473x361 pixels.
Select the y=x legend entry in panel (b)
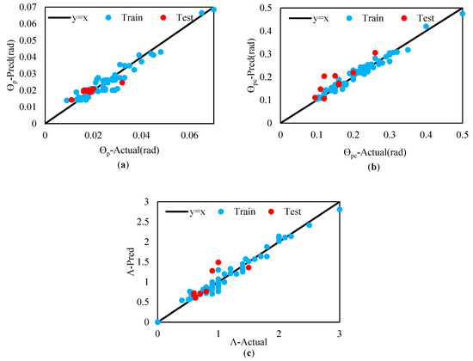pyautogui.click(x=309, y=16)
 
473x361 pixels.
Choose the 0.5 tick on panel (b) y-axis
pyautogui.click(x=270, y=9)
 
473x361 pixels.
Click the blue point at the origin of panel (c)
pyautogui.click(x=157, y=321)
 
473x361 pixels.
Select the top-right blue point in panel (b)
pyautogui.click(x=462, y=14)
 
